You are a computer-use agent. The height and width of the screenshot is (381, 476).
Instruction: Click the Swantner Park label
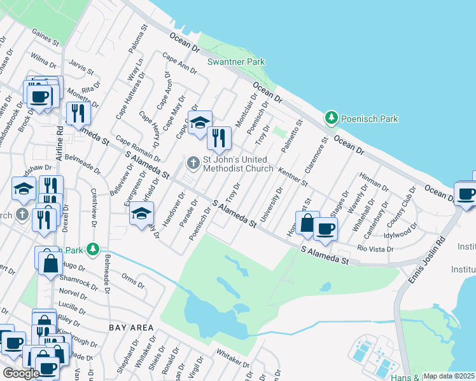click(x=236, y=62)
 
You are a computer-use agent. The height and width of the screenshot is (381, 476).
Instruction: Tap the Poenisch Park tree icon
click(x=331, y=118)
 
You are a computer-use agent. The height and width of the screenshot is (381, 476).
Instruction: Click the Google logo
click(x=21, y=373)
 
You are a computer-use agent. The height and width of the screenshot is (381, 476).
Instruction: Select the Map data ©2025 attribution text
click(x=449, y=376)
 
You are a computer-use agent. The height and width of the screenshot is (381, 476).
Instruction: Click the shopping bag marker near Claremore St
click(x=307, y=224)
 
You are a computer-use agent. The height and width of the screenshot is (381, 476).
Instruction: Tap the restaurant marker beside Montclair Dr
click(x=218, y=137)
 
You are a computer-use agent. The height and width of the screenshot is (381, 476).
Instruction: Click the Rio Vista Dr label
click(x=375, y=250)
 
